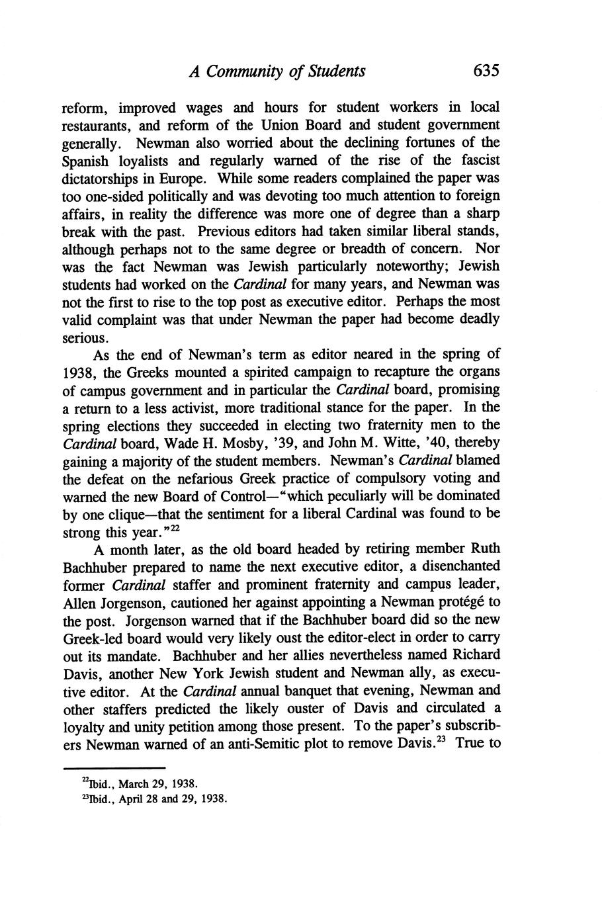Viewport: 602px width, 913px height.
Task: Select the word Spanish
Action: coord(87,161)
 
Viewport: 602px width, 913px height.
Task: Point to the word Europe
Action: coord(189,179)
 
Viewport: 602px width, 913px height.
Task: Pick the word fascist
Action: coord(477,161)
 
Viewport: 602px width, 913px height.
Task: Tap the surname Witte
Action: coord(399,443)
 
